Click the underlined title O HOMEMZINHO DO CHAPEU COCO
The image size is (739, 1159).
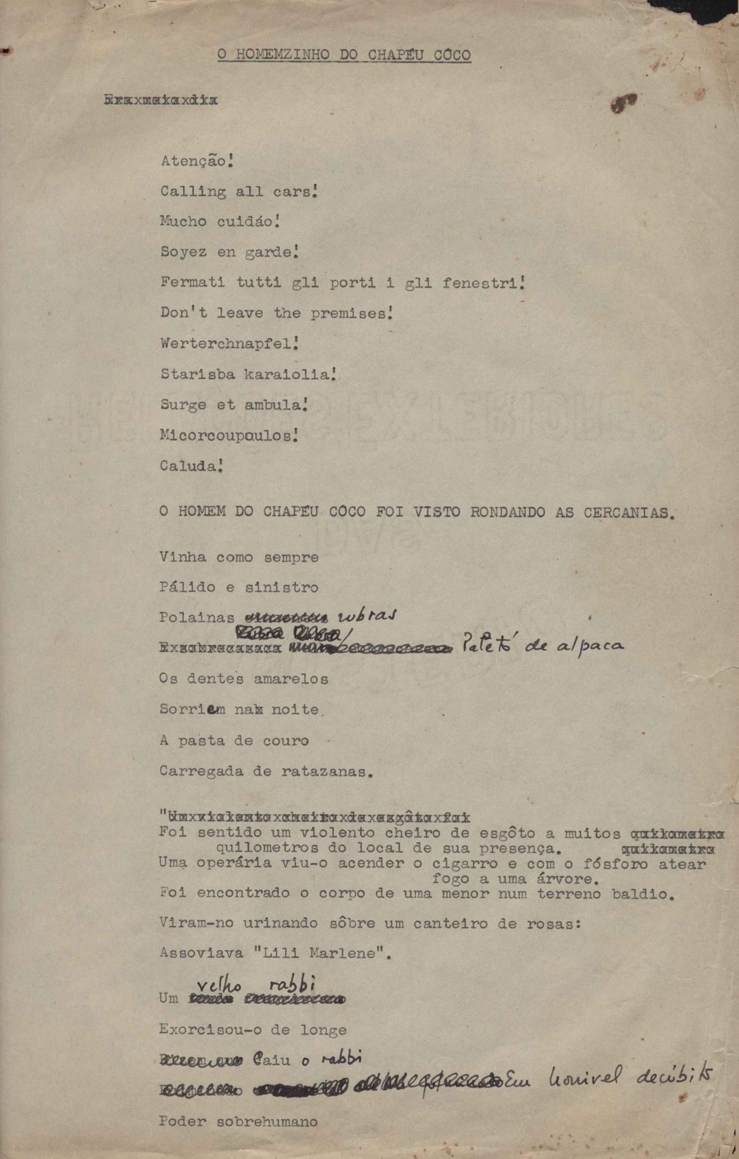tap(344, 55)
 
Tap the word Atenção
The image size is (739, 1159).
tap(194, 161)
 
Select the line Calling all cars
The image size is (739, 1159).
tap(239, 192)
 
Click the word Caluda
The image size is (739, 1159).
tap(189, 466)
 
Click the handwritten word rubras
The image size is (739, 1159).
tap(367, 616)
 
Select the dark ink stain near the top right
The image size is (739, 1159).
tap(623, 103)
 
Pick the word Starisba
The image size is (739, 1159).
tap(197, 374)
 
